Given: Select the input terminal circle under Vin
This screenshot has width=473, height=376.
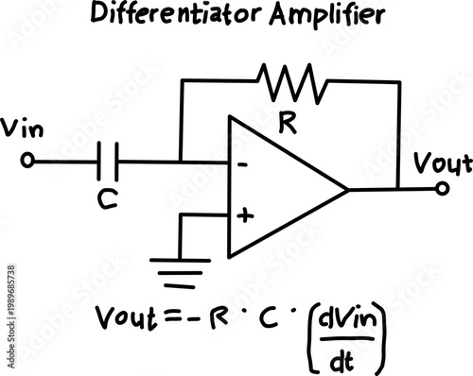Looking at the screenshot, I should pos(27,162).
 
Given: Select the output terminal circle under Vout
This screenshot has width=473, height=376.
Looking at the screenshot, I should pos(443,189).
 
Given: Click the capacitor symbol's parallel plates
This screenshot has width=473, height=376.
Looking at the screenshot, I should pos(110,162).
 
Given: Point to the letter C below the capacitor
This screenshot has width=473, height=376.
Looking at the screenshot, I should pos(110,197).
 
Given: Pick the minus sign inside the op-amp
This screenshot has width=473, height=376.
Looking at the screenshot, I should pos(243,164).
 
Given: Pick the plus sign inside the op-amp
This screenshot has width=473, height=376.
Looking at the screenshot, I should pos(245,215).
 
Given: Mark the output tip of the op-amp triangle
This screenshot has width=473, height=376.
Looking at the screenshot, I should pos(347,189).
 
